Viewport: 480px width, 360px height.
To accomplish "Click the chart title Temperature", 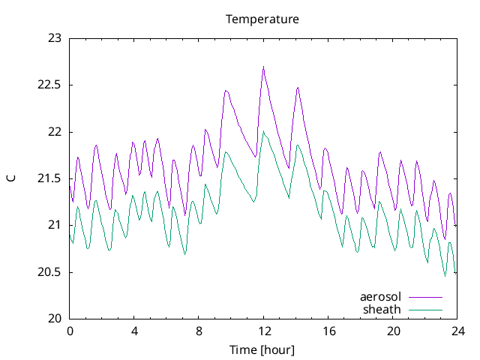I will [262, 19].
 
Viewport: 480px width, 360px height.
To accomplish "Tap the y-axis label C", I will [10, 178].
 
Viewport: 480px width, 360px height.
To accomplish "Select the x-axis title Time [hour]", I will [262, 349].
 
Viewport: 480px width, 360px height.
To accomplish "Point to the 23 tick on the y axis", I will [55, 38].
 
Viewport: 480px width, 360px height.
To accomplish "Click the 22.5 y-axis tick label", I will [50, 85].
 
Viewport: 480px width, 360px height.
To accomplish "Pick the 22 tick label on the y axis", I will [55, 132].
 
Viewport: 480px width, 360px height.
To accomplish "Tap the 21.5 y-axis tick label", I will [50, 178].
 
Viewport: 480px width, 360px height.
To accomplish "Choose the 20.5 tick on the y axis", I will [50, 272].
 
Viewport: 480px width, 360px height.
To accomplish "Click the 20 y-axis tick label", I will [55, 319].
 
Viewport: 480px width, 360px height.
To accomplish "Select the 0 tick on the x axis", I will [70, 331].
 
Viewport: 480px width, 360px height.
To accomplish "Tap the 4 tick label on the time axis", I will [134, 331].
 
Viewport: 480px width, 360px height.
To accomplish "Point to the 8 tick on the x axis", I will [199, 331].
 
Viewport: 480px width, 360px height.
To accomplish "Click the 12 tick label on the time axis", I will [264, 331].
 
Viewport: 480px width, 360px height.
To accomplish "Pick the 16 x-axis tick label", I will [328, 331].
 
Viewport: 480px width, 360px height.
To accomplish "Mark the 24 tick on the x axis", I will [457, 331].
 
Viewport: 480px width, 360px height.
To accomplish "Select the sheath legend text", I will [382, 309].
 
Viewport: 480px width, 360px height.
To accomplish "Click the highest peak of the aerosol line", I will [264, 67].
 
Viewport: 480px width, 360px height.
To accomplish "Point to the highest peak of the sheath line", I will [263, 132].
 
